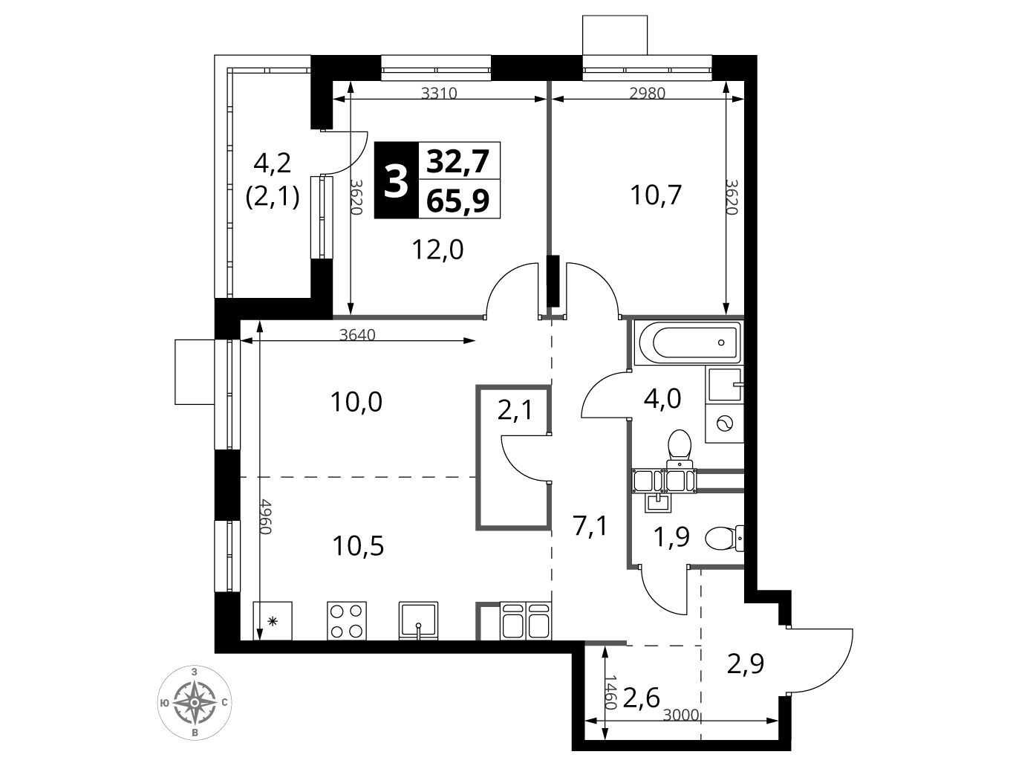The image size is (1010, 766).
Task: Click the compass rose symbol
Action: click(195, 703)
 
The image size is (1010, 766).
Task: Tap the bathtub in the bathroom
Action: click(688, 343)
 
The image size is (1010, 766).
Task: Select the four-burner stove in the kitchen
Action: click(347, 620)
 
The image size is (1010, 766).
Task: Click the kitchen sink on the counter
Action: click(418, 620)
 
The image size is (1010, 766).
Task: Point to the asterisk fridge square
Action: click(273, 620)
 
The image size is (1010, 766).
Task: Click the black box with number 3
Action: click(396, 180)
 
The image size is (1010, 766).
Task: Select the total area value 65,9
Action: click(457, 201)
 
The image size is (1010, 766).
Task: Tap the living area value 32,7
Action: click(457, 160)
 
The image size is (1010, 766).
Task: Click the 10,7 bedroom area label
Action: click(656, 195)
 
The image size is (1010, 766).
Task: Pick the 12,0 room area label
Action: click(437, 250)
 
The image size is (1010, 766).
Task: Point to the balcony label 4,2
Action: click(273, 163)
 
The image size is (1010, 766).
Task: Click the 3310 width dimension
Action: click(439, 94)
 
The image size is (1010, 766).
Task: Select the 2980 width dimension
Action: click(648, 94)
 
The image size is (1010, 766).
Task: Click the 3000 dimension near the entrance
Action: click(681, 715)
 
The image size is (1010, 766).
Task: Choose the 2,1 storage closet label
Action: click(515, 410)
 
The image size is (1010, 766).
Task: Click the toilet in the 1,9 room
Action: click(724, 538)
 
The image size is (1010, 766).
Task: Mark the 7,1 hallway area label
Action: click(590, 526)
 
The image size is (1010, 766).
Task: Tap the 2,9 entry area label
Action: click(746, 663)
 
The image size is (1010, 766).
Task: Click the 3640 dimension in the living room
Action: click(357, 334)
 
